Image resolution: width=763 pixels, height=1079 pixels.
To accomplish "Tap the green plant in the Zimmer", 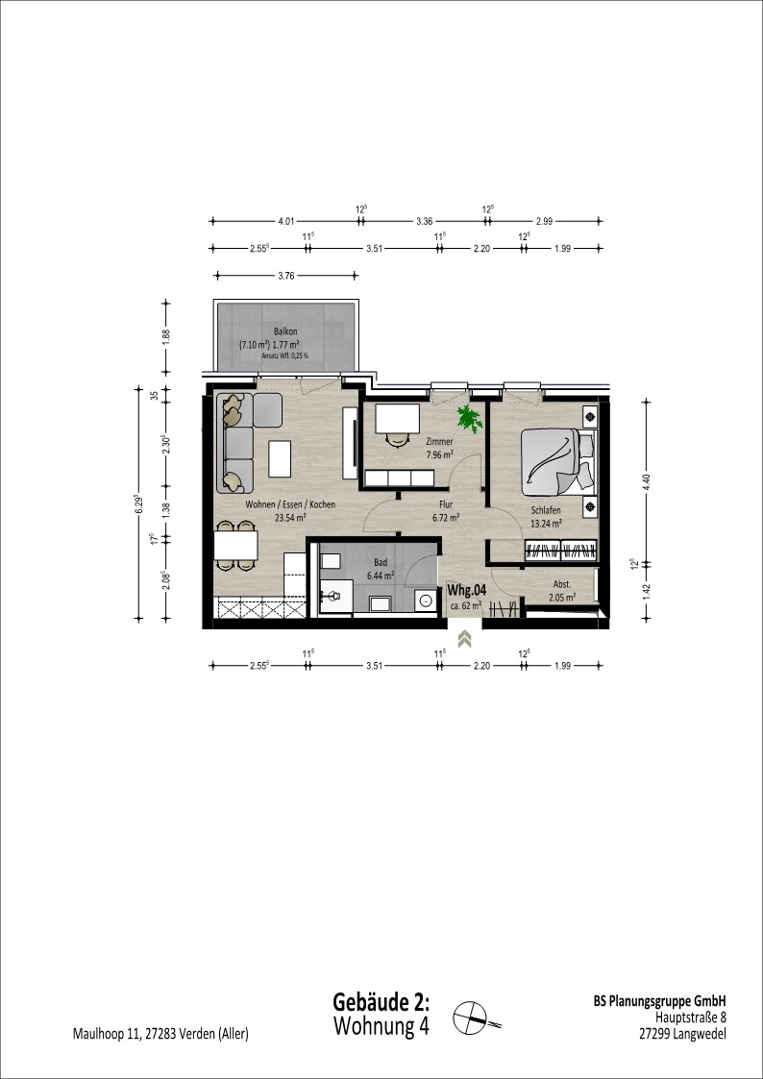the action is click(469, 418).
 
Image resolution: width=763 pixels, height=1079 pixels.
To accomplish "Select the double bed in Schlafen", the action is click(556, 461).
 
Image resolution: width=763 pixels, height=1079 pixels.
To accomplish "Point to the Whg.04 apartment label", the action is click(467, 590).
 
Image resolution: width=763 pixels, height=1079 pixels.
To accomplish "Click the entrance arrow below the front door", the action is click(465, 639).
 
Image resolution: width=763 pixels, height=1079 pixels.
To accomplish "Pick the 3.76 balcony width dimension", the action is click(285, 276).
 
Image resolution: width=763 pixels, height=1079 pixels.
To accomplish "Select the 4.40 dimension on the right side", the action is click(646, 479).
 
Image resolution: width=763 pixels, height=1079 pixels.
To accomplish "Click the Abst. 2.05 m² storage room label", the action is click(562, 593).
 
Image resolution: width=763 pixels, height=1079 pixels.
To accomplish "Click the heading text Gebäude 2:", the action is click(381, 1000).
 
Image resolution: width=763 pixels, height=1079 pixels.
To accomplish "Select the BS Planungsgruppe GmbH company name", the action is click(660, 1001).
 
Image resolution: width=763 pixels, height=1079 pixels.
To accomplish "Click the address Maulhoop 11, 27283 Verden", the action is click(160, 1034).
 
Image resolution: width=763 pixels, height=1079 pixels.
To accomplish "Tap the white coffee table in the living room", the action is click(280, 459).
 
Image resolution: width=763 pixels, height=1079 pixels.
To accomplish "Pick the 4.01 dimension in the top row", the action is click(285, 222).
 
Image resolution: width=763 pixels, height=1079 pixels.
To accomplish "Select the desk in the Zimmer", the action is click(398, 419).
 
